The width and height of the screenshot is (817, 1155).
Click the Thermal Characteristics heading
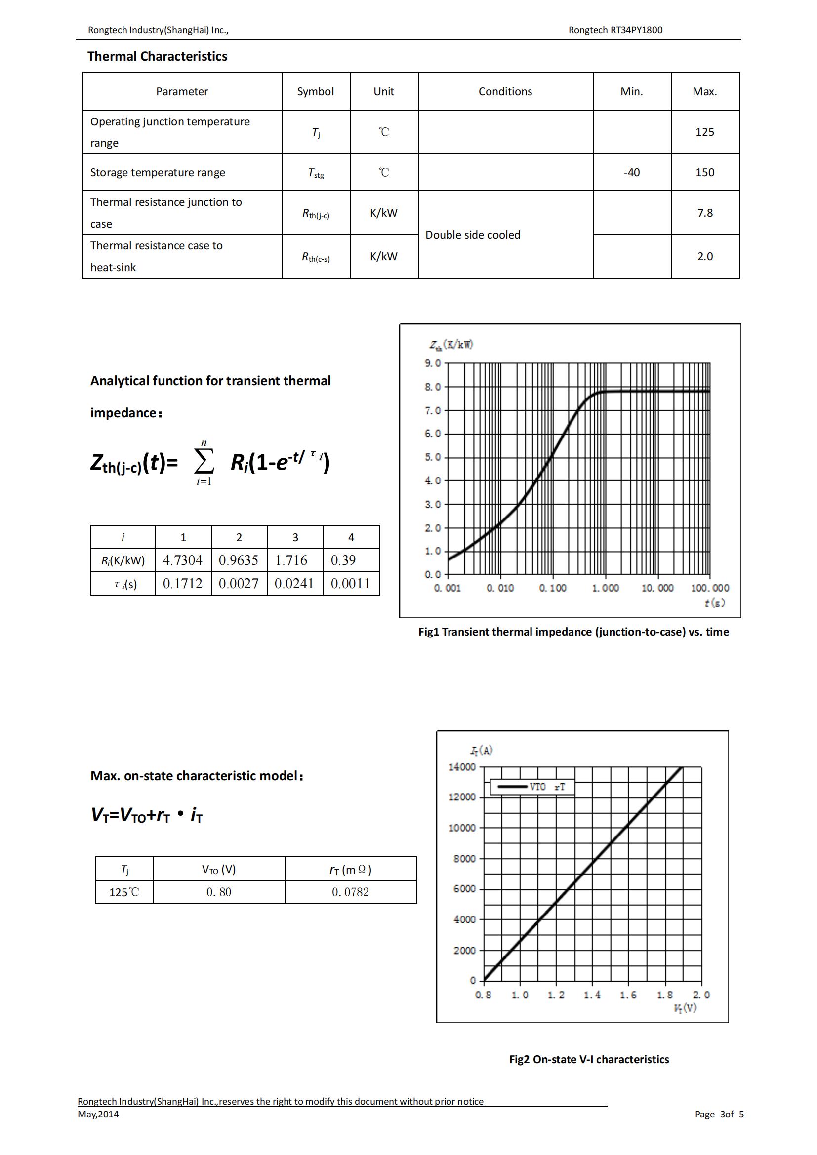point(157,56)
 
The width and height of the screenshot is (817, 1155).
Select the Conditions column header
point(505,91)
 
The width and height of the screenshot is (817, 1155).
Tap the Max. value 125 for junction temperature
point(704,132)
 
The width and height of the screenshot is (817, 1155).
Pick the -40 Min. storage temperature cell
point(631,172)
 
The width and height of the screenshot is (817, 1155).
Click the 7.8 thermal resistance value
point(704,213)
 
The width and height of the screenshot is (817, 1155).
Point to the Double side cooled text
point(472,235)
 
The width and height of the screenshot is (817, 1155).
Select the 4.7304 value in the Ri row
point(183,560)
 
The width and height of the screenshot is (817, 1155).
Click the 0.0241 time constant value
point(294,584)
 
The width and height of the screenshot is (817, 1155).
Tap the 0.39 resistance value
point(343,560)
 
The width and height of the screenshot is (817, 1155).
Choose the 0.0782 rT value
point(350,892)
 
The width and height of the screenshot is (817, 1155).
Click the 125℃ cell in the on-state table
point(124,892)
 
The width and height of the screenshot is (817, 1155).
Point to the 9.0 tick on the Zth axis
point(432,363)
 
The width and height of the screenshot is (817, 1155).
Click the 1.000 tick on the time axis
point(605,588)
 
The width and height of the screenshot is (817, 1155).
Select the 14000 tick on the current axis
point(462,767)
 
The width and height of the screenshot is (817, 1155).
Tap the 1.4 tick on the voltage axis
point(592,995)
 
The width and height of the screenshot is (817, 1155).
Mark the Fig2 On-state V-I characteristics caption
point(589,1059)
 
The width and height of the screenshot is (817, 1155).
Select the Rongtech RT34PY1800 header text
point(615,30)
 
